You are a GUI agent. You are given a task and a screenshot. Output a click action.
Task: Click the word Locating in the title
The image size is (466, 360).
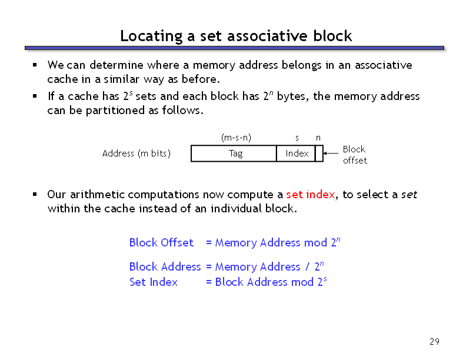click(151, 36)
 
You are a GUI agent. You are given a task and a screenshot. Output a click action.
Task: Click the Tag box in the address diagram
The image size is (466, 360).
click(234, 154)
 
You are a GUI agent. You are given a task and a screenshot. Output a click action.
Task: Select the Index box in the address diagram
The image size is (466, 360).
click(296, 154)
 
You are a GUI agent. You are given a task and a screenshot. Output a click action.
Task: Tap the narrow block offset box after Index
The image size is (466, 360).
click(319, 154)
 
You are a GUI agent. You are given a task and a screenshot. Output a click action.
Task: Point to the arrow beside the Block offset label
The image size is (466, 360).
click(331, 154)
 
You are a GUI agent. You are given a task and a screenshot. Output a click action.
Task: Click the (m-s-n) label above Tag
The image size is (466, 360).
click(236, 138)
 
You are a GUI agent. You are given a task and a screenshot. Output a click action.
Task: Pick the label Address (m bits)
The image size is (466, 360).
click(137, 154)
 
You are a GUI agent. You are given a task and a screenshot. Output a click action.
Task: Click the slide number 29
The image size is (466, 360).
click(434, 342)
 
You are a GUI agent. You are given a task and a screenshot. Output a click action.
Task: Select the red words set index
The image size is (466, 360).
click(311, 194)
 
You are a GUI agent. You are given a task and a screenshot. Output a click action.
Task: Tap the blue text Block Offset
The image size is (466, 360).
click(161, 242)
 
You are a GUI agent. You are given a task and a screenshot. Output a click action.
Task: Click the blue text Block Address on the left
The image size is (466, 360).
click(165, 266)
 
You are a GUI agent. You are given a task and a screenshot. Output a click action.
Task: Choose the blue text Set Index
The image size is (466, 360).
click(154, 282)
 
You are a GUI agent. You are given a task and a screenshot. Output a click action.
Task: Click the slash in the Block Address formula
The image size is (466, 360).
click(308, 266)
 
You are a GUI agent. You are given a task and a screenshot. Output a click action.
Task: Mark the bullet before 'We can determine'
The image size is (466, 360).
click(35, 65)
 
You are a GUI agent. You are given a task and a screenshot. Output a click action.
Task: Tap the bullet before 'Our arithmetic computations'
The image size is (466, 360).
click(35, 194)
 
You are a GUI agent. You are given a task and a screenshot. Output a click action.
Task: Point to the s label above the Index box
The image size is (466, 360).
click(297, 138)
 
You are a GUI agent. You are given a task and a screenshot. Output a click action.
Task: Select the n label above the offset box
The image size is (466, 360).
click(318, 138)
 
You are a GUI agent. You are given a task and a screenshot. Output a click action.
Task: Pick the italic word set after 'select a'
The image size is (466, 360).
click(409, 195)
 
